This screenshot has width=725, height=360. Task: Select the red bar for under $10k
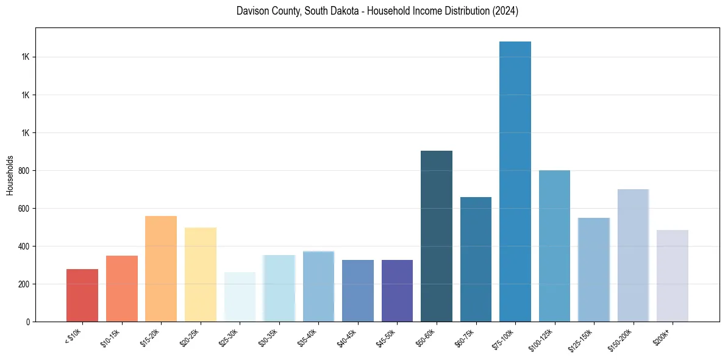click(x=82, y=295)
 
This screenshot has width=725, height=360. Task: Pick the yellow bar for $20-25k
click(x=201, y=275)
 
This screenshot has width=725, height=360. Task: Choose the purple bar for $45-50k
click(x=397, y=290)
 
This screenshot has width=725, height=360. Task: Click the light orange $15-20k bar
click(x=161, y=268)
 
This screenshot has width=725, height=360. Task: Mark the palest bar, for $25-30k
click(x=240, y=297)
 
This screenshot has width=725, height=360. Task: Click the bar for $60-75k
click(x=476, y=259)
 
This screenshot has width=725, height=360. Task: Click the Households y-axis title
click(x=10, y=175)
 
